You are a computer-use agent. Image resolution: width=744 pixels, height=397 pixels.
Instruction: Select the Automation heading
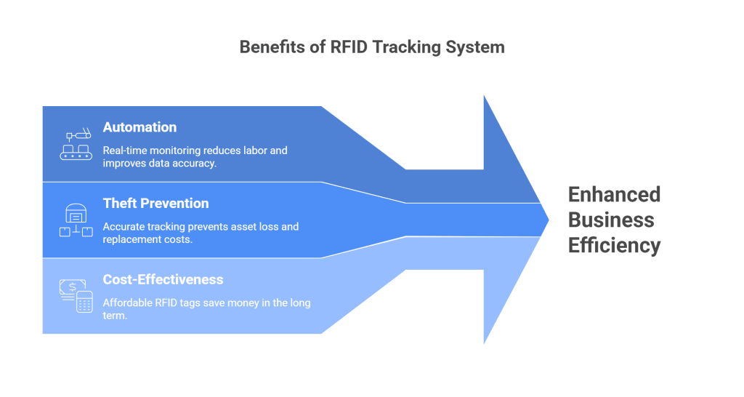click(139, 127)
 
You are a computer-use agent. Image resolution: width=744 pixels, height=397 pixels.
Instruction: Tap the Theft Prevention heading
click(155, 204)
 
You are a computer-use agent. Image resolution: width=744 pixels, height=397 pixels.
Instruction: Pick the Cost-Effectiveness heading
click(163, 280)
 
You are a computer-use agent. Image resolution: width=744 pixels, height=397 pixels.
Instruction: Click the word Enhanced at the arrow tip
click(614, 195)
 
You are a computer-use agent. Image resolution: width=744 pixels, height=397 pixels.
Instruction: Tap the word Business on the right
click(611, 220)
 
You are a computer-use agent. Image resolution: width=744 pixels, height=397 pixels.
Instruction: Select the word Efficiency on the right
click(614, 245)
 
